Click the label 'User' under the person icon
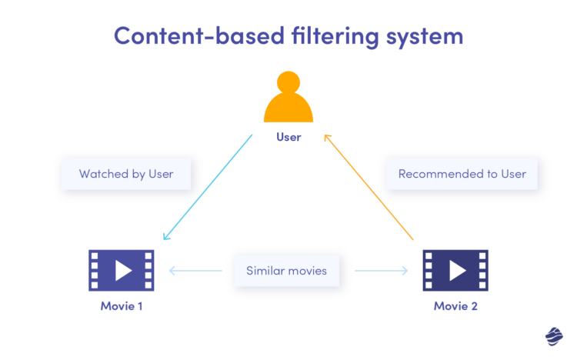click(288, 138)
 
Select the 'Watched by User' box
click(126, 174)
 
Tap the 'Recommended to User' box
click(462, 174)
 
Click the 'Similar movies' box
click(286, 271)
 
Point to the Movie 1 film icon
click(122, 270)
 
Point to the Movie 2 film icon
click(455, 270)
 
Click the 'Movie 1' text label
click(122, 305)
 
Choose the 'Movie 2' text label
click(455, 305)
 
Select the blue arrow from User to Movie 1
click(208, 187)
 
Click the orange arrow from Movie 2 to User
click(369, 187)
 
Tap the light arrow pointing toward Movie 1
click(195, 271)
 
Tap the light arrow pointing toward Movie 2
click(380, 271)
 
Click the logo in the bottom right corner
click(554, 336)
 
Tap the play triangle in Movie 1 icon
click(123, 270)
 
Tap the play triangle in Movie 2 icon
click(457, 270)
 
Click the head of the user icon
click(288, 82)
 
